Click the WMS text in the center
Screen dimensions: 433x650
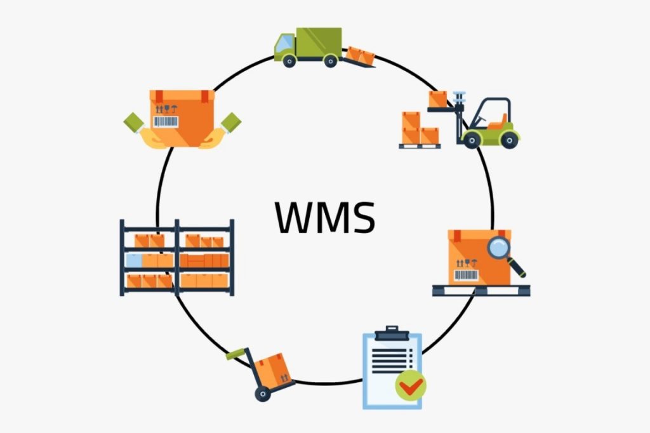325,216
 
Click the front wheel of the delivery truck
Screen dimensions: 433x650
289,61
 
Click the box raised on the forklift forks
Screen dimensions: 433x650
438,99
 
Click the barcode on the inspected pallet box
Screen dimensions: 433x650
465,275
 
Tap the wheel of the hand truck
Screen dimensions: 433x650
262,394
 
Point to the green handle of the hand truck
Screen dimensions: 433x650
235,353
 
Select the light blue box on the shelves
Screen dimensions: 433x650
134,260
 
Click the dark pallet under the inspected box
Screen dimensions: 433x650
481,290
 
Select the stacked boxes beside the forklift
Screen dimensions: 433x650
420,130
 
